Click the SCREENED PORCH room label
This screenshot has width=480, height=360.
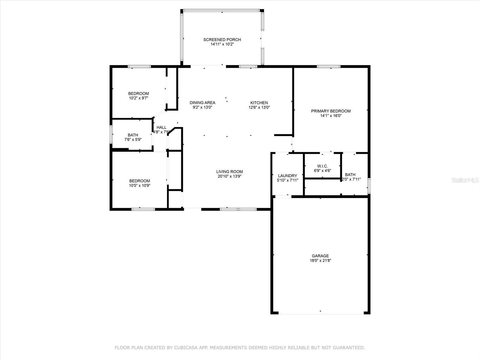pos(222,40)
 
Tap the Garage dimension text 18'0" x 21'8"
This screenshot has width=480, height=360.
pos(320,261)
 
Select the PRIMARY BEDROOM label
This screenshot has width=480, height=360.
pos(331,111)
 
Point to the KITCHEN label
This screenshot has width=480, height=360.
pos(259,103)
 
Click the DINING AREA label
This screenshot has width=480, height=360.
pos(202,103)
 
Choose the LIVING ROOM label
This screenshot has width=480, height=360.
pos(229,172)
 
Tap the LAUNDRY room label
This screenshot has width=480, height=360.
pos(287,176)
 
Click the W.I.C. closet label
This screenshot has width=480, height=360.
pos(322,166)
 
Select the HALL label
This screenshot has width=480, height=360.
pos(161,127)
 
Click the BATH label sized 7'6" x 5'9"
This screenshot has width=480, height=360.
pos(133,135)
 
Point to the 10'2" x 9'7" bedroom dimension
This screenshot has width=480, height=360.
pos(138,98)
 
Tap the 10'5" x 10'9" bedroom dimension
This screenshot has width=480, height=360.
pos(139,185)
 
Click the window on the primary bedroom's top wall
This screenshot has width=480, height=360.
pos(328,67)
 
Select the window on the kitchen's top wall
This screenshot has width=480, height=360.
pos(248,67)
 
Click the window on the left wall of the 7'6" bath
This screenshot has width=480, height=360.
pos(111,134)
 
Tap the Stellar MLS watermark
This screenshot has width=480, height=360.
pos(465,180)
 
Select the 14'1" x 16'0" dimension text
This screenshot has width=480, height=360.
pos(331,115)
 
